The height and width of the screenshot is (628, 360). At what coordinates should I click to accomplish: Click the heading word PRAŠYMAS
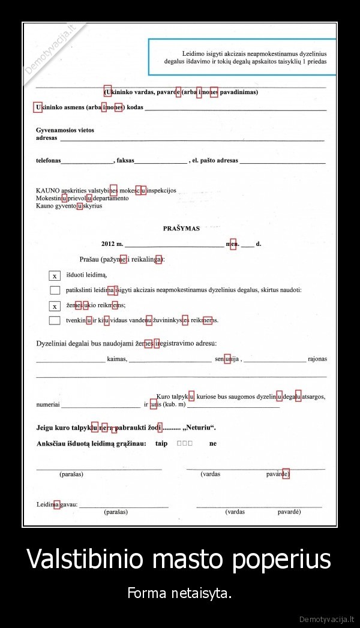pyautogui.click(x=181, y=228)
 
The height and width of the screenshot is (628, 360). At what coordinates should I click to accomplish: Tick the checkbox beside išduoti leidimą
pyautogui.click(x=55, y=276)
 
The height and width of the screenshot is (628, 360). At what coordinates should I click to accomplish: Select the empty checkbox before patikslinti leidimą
pyautogui.click(x=55, y=290)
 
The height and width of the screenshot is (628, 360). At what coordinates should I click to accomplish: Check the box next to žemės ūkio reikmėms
pyautogui.click(x=55, y=306)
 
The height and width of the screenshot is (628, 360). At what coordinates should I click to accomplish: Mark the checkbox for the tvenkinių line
pyautogui.click(x=55, y=320)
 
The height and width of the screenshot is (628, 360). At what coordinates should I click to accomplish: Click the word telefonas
pyautogui.click(x=48, y=161)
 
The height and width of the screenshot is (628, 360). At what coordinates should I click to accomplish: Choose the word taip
pyautogui.click(x=161, y=443)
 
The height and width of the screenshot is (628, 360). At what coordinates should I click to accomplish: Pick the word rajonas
pyautogui.click(x=317, y=359)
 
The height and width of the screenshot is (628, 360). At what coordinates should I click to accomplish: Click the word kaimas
pyautogui.click(x=117, y=359)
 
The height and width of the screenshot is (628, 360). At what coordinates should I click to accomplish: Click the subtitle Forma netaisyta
pyautogui.click(x=179, y=594)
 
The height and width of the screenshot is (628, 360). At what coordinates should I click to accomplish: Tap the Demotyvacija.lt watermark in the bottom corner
pyautogui.click(x=328, y=618)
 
